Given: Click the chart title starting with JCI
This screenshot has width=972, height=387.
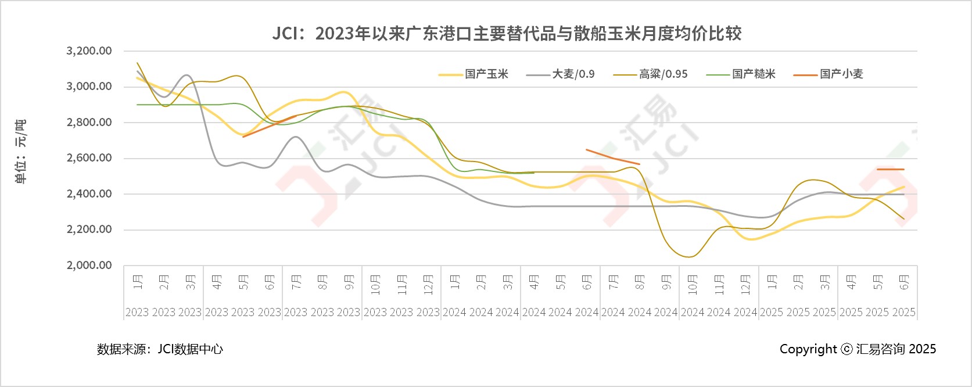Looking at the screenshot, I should [x=507, y=34].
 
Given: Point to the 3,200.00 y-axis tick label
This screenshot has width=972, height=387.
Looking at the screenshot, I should [x=89, y=51].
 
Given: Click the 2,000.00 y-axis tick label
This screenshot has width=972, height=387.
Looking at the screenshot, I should [x=89, y=266].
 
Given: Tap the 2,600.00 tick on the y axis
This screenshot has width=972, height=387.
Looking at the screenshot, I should [x=89, y=158].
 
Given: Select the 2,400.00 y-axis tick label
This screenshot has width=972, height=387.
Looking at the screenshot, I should [x=89, y=194].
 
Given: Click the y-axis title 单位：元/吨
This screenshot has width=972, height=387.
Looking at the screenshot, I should [x=20, y=152].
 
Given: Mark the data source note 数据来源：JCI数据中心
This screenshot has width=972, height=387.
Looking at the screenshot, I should [x=160, y=349].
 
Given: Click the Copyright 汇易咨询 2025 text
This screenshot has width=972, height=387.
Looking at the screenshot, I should [x=858, y=349].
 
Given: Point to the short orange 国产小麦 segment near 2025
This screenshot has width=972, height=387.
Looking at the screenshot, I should [x=891, y=169].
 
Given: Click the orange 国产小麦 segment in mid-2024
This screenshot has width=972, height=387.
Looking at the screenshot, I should [x=613, y=157].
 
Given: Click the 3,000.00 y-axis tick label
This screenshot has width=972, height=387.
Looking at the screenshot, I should [x=89, y=87].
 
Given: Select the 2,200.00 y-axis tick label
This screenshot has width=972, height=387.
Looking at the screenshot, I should [x=89, y=230].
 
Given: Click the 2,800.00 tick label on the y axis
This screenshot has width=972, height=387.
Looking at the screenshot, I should [x=89, y=123].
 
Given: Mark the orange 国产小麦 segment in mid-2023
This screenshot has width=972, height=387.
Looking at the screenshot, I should [x=270, y=126].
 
